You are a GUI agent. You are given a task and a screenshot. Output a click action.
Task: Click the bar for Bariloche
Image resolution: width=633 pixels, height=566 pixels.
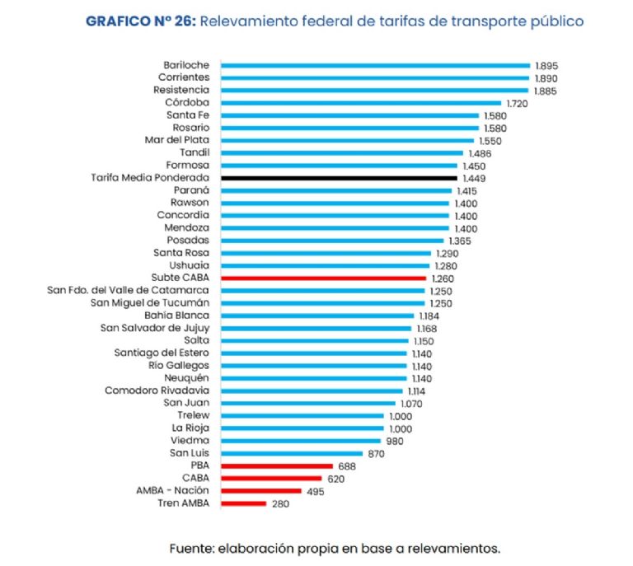375,64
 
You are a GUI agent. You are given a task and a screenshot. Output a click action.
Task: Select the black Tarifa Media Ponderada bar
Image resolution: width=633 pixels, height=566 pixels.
339,177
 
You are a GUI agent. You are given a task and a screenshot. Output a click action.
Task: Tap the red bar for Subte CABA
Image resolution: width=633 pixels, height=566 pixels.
324,278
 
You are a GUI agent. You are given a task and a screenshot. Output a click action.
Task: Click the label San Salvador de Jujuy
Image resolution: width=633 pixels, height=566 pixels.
155,328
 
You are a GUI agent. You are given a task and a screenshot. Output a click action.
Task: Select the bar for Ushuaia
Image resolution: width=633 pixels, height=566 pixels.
326,265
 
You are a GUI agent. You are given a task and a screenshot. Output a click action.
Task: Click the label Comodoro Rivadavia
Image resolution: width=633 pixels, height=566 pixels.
157,391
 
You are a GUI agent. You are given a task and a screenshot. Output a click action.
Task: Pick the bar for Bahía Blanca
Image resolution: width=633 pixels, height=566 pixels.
317,316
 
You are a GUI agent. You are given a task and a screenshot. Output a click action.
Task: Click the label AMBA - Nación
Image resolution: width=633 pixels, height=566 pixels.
172,490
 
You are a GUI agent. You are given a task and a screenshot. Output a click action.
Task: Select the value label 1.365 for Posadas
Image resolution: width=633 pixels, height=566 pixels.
463,241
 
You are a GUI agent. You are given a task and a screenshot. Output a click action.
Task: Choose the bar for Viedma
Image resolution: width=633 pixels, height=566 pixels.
300,441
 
